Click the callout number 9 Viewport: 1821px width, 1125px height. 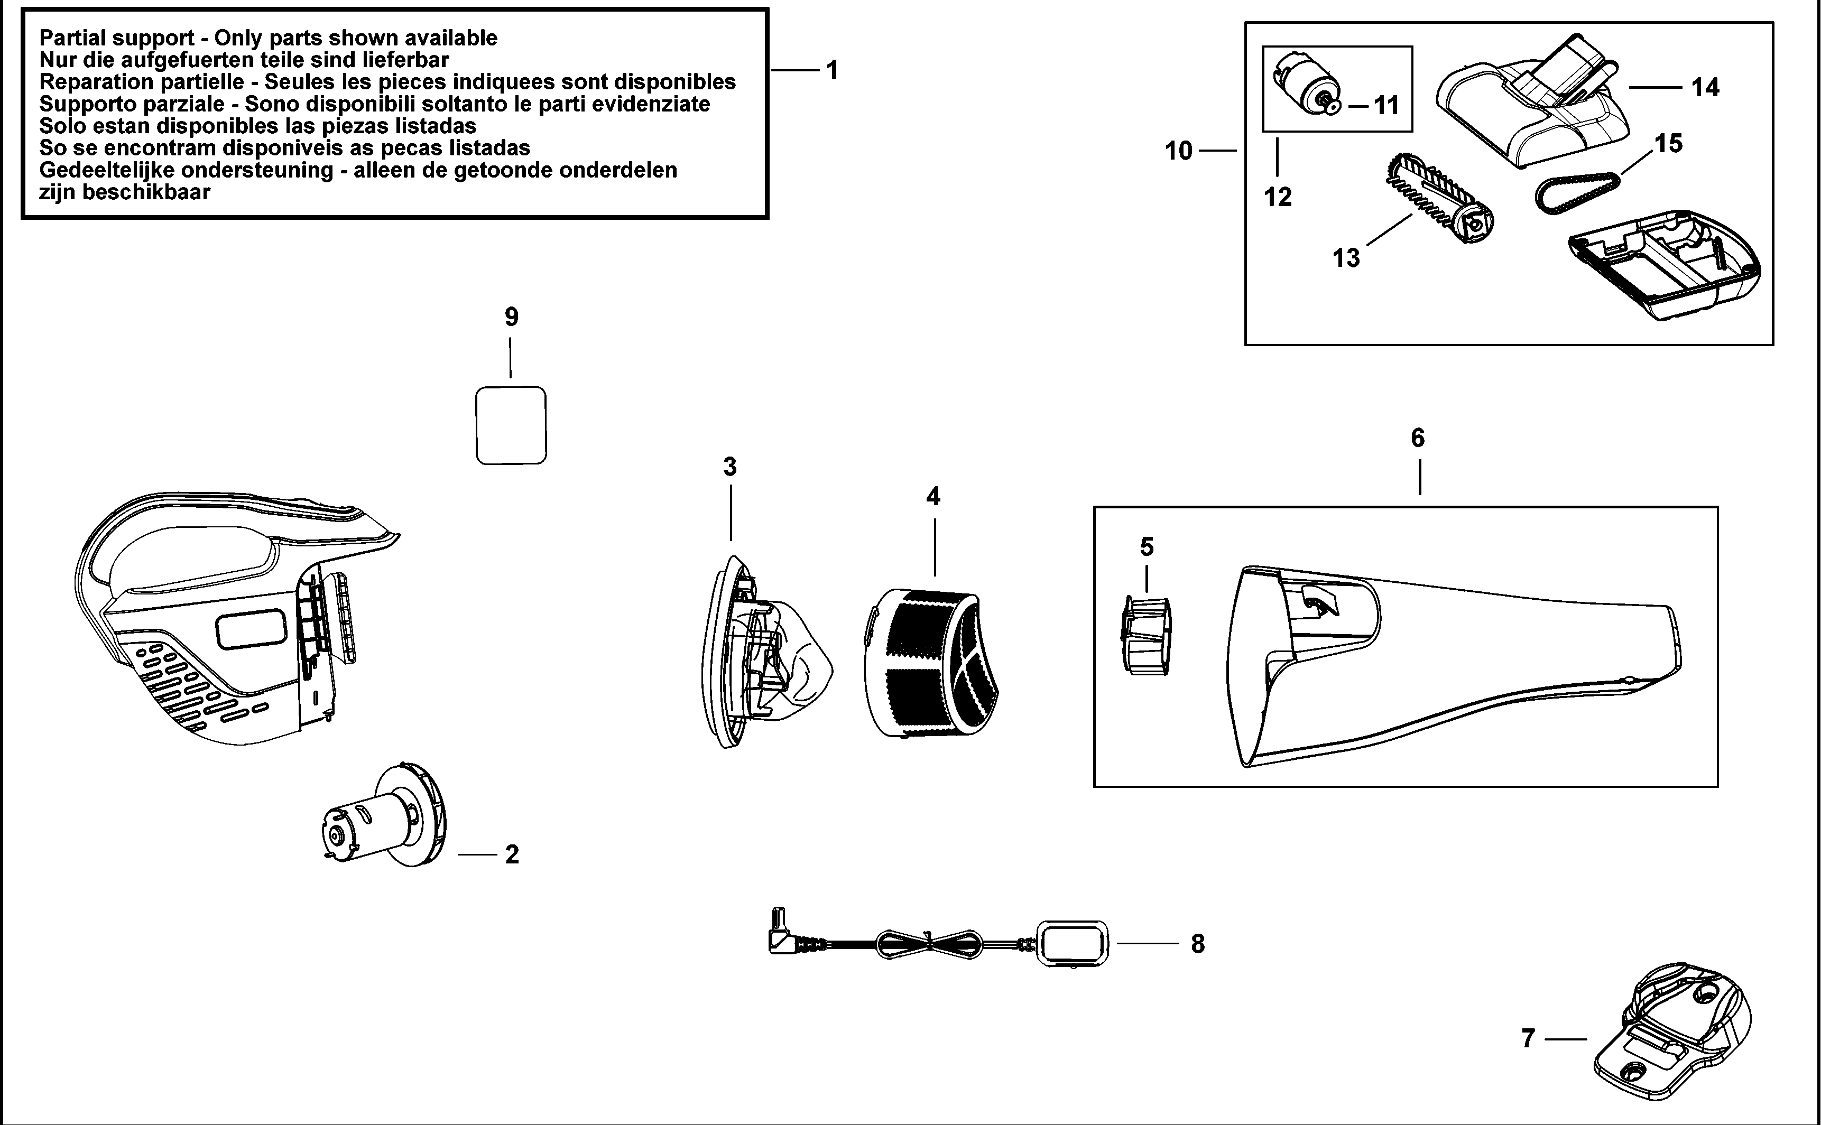click(511, 318)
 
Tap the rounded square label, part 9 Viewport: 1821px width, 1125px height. click(511, 425)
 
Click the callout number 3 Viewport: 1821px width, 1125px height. click(729, 467)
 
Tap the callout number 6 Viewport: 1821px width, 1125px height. click(1418, 438)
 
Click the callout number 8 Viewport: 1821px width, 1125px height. click(1197, 943)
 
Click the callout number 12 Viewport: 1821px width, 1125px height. click(1278, 197)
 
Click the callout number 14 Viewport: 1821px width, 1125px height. click(1705, 88)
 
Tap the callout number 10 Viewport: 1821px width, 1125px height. click(1178, 151)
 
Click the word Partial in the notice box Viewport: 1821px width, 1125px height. click(78, 38)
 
